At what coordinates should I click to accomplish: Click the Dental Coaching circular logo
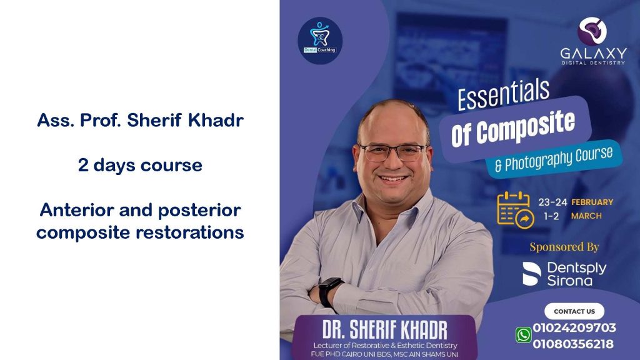click(320, 41)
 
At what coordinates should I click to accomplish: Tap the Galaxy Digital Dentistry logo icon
click(592, 31)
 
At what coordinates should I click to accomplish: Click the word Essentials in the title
click(503, 95)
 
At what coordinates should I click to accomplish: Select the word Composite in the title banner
click(526, 127)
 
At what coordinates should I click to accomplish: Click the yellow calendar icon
click(515, 209)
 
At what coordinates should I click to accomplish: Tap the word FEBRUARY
click(592, 202)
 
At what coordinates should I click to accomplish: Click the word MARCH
click(586, 216)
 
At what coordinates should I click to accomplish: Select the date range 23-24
click(552, 202)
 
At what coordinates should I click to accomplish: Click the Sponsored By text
click(564, 246)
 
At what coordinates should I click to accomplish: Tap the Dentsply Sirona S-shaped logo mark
click(532, 274)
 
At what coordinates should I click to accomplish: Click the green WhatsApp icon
click(523, 335)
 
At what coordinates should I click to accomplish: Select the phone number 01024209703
click(574, 327)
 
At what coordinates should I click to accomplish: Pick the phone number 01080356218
click(573, 344)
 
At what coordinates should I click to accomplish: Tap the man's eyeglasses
click(392, 152)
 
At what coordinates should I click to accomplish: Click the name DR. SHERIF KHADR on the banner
click(385, 329)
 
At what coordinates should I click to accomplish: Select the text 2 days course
click(140, 165)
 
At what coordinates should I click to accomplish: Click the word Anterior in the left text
click(77, 210)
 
